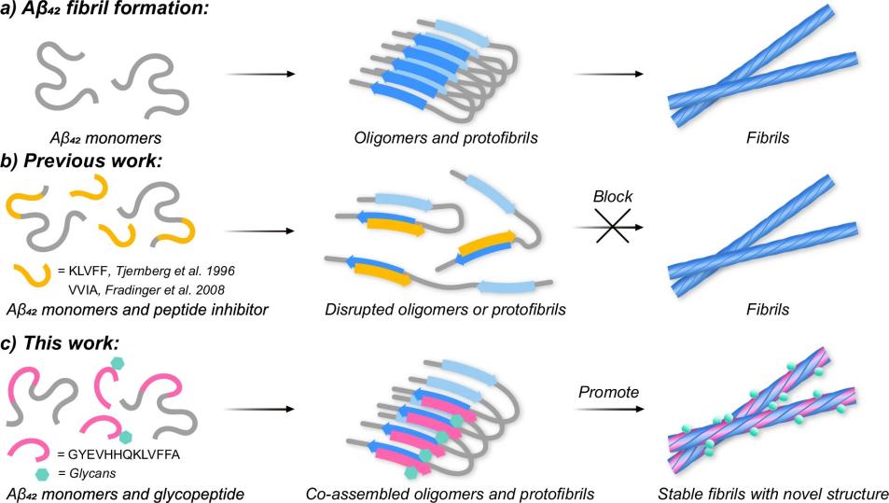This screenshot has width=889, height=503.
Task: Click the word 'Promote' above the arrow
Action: pyautogui.click(x=607, y=392)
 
